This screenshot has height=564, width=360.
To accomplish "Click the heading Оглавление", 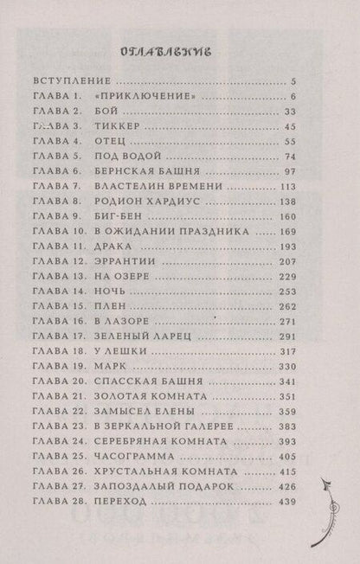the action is pyautogui.click(x=177, y=50).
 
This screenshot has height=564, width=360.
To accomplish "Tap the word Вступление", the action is pyautogui.click(x=71, y=79).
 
